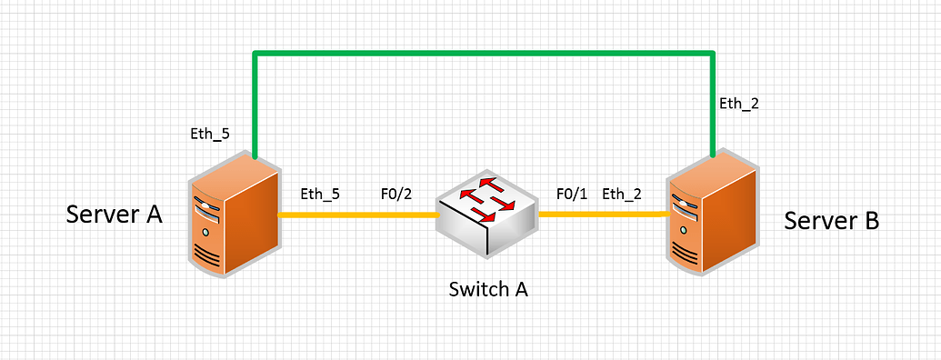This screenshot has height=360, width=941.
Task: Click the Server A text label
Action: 114,215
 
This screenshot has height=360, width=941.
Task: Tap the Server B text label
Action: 831,221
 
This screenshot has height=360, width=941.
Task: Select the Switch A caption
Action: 488,290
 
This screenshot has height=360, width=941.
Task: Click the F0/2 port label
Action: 397,193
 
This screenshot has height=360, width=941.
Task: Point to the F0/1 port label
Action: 573,193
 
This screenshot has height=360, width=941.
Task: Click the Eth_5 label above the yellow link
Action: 319,193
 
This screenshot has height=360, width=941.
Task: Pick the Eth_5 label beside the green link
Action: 210,134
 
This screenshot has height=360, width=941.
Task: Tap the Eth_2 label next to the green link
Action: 737,103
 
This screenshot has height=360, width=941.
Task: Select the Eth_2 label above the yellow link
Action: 622,193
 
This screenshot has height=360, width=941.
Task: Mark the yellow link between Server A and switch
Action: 356,215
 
